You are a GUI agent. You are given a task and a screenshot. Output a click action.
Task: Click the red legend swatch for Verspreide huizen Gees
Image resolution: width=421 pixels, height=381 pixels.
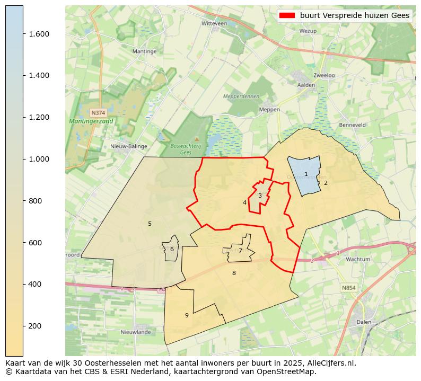tap(287, 15)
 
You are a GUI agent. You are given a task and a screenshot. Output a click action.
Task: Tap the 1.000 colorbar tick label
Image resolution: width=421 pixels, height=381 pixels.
tap(38, 159)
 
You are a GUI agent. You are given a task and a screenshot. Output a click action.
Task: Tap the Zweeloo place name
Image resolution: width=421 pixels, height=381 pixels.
tap(324, 75)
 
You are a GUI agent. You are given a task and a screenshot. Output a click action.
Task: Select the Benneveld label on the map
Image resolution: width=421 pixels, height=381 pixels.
tap(353, 125)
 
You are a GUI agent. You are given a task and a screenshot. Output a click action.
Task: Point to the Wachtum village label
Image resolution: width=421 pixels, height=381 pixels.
tap(357, 259)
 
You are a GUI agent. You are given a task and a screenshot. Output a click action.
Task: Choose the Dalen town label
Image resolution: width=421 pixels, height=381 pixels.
tap(364, 322)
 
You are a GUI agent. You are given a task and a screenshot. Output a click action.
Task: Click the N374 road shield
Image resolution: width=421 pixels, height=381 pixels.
tap(98, 113)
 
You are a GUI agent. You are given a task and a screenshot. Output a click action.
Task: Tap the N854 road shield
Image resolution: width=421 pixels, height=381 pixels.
tap(348, 287)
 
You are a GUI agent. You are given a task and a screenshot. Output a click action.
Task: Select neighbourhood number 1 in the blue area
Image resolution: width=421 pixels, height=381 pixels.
tap(306, 174)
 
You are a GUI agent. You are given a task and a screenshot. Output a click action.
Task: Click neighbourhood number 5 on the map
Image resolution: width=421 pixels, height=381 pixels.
tap(150, 224)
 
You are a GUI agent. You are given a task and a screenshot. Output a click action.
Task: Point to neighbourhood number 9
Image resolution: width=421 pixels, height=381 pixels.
tap(187, 315)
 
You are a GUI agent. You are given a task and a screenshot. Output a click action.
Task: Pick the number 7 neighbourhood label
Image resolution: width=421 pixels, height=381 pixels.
tap(240, 251)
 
